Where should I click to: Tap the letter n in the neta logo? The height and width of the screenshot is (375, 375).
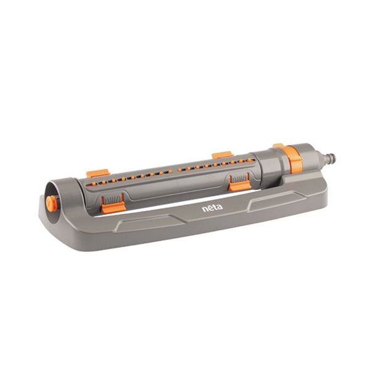click(x=205, y=209)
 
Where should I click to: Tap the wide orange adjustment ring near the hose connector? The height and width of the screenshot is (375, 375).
click(x=295, y=159)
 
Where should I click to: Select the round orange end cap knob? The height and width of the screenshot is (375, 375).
click(x=51, y=202)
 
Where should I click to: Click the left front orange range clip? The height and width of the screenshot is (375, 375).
click(x=113, y=206)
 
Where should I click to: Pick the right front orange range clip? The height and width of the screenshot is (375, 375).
click(x=239, y=184)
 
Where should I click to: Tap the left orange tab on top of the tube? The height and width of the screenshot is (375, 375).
click(x=97, y=173)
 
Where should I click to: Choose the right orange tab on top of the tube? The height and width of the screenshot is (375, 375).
click(x=222, y=154)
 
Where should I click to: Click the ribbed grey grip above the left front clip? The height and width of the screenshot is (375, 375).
click(x=112, y=198)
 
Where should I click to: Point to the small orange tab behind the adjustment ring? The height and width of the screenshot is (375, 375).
click(x=278, y=146)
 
